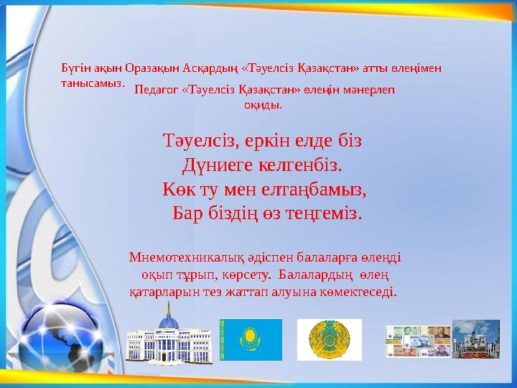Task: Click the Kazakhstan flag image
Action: point(251,340)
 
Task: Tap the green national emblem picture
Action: point(330,340)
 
